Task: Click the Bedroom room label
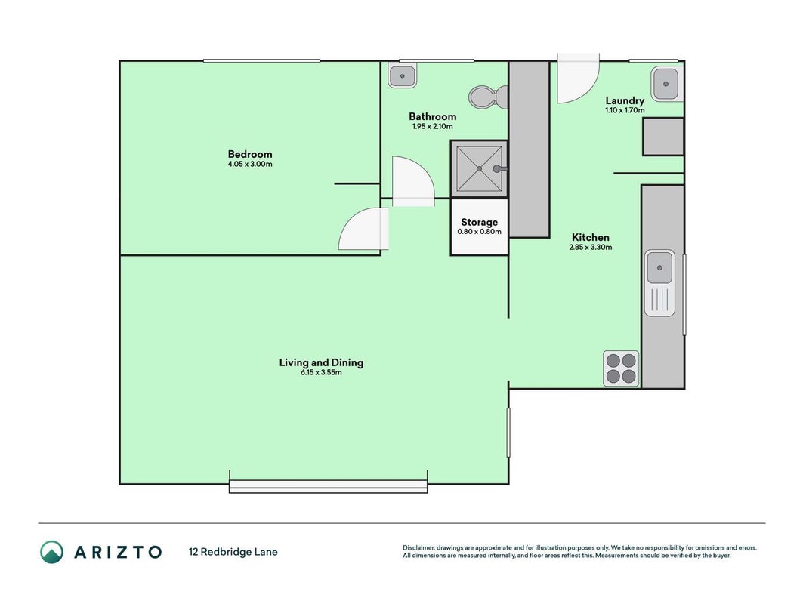[x=250, y=154]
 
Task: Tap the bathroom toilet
[x=488, y=97]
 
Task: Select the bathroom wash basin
[x=402, y=76]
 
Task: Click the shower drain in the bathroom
[x=479, y=168]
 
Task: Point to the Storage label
[x=479, y=223]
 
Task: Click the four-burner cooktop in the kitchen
[x=621, y=368]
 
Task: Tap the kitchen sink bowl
[x=659, y=267]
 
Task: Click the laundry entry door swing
[x=579, y=78]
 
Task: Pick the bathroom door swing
[x=412, y=181]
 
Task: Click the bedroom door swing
[x=363, y=229]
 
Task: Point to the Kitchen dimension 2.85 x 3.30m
[x=590, y=247]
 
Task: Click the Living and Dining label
[x=321, y=362]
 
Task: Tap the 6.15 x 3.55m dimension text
[x=321, y=372]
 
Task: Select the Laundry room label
[x=625, y=100]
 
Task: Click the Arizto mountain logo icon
[x=52, y=552]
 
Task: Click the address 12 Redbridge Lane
[x=233, y=552]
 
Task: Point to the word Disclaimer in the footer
[x=418, y=548]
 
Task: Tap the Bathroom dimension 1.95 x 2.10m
[x=432, y=126]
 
